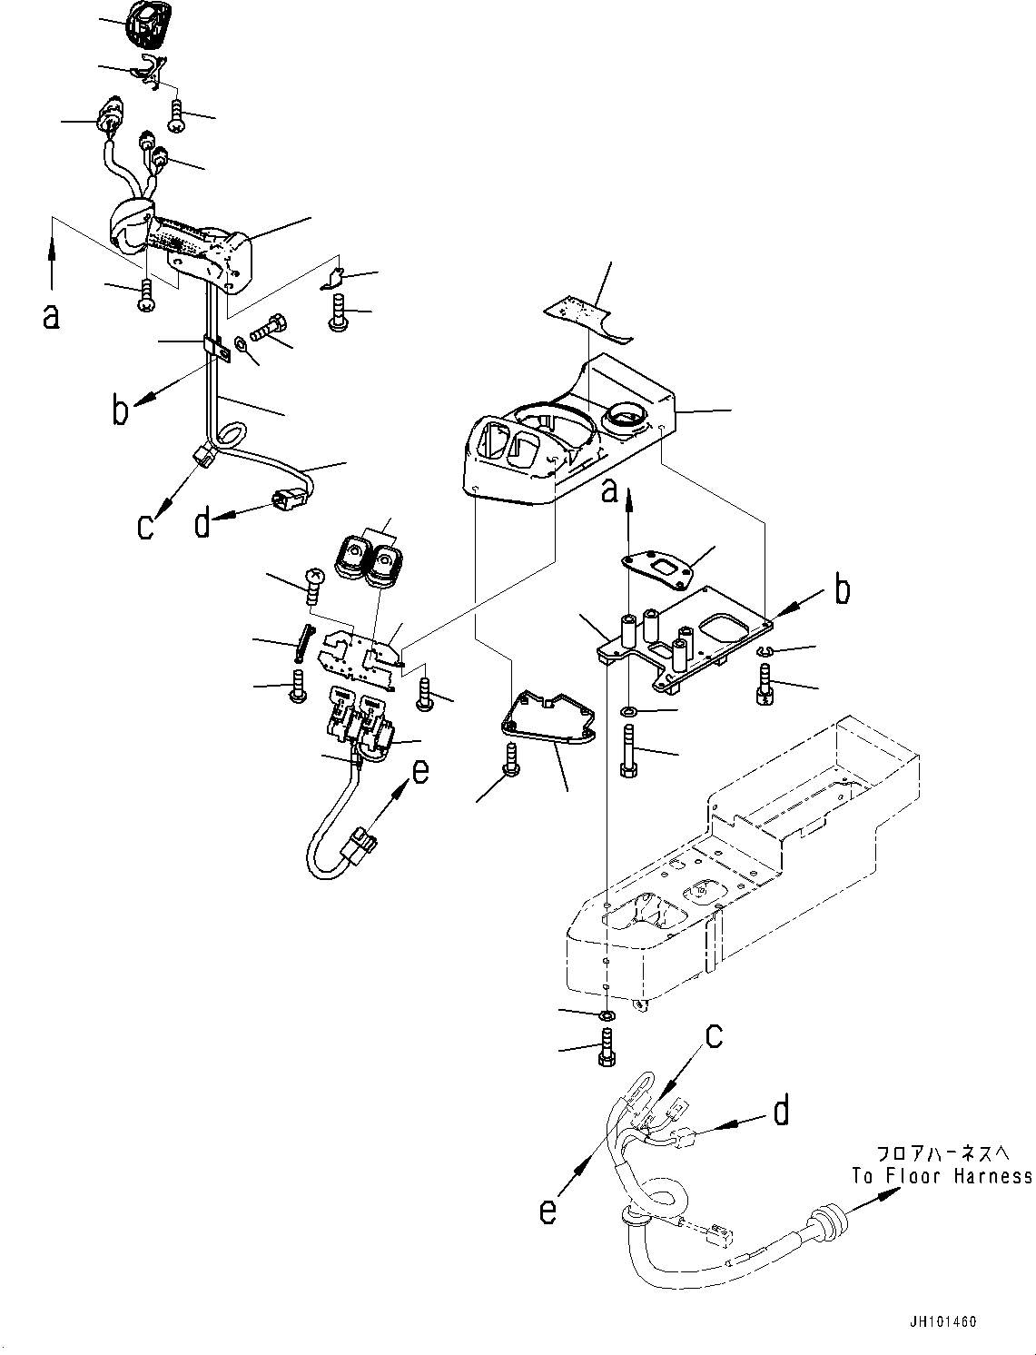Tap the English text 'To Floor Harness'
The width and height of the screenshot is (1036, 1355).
[942, 1177]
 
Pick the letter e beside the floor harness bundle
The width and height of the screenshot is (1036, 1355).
[547, 1212]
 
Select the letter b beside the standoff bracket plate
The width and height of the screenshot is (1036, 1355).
[843, 590]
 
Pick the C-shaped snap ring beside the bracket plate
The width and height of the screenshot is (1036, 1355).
[764, 652]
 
